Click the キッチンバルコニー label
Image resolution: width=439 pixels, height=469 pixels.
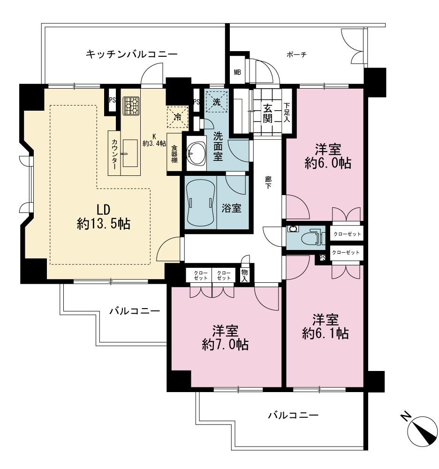132,54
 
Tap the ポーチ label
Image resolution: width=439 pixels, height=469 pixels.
296,55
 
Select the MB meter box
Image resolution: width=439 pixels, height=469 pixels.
237,72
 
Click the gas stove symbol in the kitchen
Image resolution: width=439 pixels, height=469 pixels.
131,106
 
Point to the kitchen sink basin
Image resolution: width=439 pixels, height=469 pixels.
130,153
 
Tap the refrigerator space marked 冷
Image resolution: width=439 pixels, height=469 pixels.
178,117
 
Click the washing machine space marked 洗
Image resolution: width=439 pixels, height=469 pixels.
217,102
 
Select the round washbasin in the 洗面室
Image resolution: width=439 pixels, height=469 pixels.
196,153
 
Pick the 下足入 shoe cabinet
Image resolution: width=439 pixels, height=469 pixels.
287,113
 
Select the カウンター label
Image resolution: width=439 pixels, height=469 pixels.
114,154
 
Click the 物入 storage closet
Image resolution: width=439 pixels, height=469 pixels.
245,275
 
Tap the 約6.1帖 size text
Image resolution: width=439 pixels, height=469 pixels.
325,333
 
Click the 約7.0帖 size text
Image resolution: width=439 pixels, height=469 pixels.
225,345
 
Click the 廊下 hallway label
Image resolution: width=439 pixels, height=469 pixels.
268,182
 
